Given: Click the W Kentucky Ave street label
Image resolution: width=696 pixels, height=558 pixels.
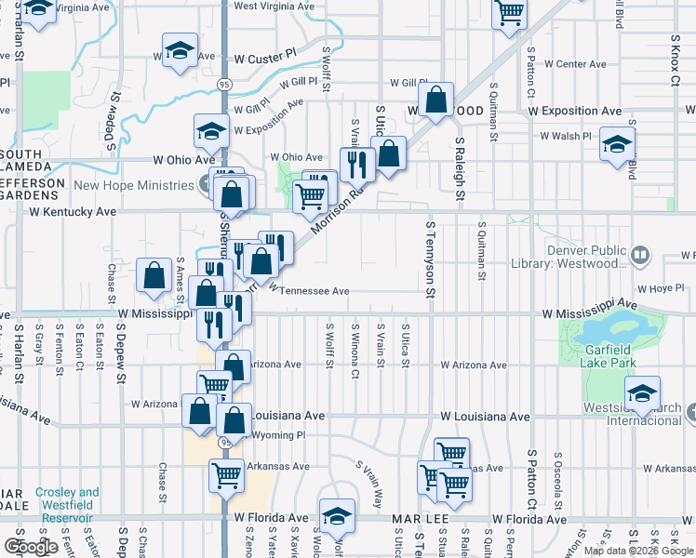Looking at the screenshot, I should click(73, 212).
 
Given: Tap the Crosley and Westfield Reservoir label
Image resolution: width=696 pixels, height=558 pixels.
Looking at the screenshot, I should click(68, 498).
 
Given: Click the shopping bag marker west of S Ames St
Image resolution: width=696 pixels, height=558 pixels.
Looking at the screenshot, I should click(154, 275).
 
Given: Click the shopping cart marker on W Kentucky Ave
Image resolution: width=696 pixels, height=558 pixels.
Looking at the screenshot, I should click(310, 195).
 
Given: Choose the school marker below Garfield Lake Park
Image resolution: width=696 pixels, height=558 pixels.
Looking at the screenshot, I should click(642, 393).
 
